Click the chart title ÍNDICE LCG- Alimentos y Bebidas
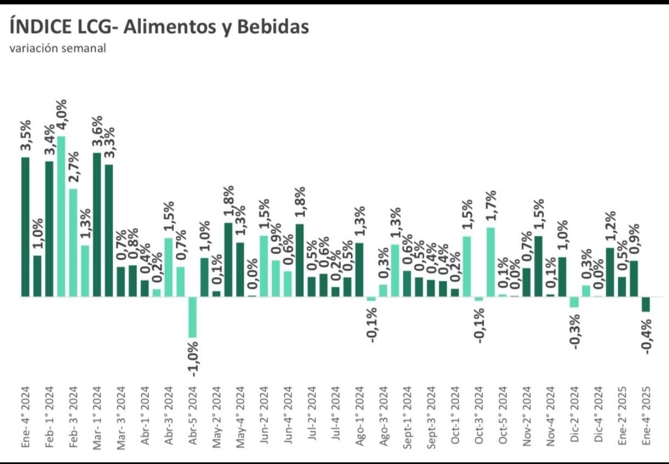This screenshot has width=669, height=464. coord(159,26)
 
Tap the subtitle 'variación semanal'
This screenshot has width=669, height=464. coord(58,48)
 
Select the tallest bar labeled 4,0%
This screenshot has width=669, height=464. coord(61,216)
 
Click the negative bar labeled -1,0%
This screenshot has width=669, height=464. coord(192,317)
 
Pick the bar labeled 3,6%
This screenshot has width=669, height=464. coord(97,224)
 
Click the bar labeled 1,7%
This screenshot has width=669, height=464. coord(491,262)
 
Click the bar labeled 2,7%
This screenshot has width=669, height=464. coord(73,242)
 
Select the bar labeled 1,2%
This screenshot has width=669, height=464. coord(610,272)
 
